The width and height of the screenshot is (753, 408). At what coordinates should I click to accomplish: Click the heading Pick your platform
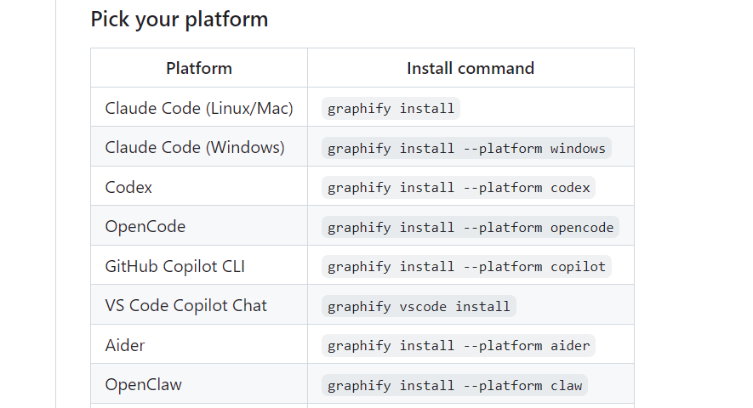180,20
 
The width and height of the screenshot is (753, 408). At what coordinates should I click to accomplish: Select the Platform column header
199,68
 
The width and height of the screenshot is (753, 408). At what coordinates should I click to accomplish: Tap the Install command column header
471,68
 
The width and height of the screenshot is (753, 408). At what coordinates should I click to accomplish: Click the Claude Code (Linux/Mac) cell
199,108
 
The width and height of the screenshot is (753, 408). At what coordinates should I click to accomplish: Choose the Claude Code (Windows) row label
195,147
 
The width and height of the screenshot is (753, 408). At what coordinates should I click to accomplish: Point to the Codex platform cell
128,187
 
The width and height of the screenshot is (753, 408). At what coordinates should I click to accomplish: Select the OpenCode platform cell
145,227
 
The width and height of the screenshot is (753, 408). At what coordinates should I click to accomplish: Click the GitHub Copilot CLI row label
174,266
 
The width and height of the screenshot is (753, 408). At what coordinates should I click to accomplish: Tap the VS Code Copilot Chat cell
185,306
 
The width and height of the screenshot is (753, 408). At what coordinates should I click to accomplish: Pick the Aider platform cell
125,346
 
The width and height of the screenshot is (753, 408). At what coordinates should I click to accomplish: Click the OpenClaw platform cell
143,385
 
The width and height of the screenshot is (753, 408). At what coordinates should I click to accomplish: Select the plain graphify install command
391,109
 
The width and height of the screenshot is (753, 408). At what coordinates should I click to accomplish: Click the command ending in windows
466,148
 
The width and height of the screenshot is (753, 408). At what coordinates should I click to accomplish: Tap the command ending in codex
459,188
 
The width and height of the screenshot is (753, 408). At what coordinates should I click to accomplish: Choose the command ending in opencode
471,228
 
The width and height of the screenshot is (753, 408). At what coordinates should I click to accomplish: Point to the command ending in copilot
466,267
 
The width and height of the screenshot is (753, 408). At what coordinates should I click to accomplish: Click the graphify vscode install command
419,307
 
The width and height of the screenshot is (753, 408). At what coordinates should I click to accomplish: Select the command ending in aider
459,346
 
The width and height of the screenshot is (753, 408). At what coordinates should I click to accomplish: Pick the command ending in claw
454,386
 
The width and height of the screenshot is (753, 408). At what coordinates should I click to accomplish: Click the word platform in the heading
226,20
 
